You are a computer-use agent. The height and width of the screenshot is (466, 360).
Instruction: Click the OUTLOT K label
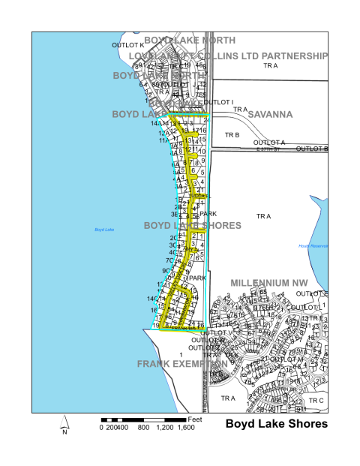pos(127,45)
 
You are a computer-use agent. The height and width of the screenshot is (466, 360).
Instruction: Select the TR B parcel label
pos(232,135)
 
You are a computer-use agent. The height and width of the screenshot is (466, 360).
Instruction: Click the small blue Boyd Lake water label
pos(103,229)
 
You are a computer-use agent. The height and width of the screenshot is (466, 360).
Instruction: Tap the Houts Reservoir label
pos(313,246)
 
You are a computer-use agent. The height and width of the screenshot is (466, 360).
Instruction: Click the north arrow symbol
pos(64,427)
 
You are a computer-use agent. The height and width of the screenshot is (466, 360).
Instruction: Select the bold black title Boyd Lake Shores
pos(277,424)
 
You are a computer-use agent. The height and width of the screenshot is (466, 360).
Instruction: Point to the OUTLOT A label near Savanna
pos(269,143)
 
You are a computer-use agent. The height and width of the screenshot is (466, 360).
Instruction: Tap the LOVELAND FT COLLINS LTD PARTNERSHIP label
pos(228,56)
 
